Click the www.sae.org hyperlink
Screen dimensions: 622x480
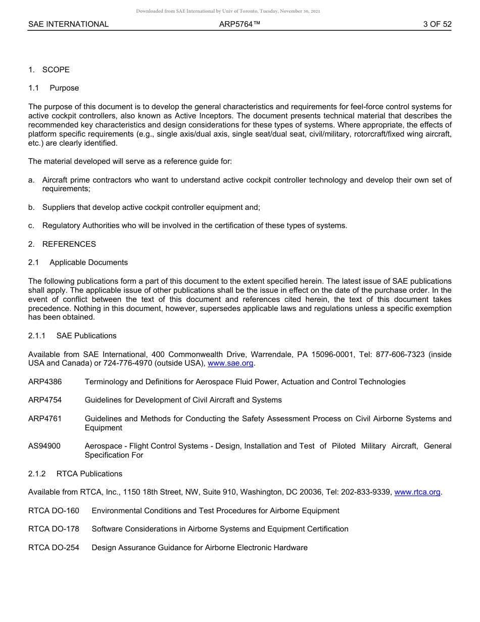(231, 364)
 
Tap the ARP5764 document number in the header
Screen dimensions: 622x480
(239, 24)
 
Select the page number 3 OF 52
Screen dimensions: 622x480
(437, 24)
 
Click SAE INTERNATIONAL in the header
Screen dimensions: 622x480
(68, 24)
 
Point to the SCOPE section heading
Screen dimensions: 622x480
(56, 70)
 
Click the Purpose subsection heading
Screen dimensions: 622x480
(64, 88)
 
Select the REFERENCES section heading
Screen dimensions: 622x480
(69, 244)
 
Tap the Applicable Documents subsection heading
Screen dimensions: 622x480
(88, 262)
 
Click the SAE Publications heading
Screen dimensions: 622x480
(86, 336)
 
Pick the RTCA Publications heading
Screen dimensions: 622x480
(89, 474)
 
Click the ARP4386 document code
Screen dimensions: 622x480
(45, 382)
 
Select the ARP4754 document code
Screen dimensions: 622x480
(45, 400)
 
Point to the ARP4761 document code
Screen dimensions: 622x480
(45, 419)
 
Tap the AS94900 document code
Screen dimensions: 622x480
(44, 446)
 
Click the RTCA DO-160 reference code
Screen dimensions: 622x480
(54, 511)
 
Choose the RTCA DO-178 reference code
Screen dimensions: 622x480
(54, 529)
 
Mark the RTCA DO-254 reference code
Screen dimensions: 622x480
(54, 548)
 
